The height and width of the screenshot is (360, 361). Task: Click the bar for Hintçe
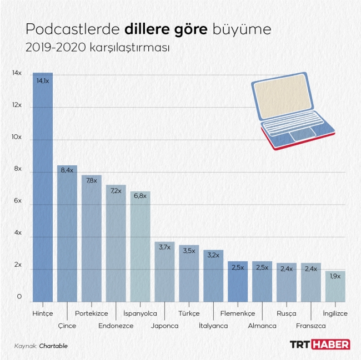(43, 189)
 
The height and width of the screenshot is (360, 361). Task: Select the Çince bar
(67, 233)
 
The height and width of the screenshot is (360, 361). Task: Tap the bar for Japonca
(165, 272)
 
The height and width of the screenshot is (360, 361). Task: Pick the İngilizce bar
(335, 286)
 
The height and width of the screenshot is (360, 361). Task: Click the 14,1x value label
(43, 81)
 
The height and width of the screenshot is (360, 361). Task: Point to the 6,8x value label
(141, 196)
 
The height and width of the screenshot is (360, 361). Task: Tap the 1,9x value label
(335, 276)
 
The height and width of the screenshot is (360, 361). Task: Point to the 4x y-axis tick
(17, 233)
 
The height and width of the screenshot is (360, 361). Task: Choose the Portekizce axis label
(91, 313)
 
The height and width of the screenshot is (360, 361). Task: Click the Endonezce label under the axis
(116, 326)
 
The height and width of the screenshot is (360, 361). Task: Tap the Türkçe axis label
(189, 313)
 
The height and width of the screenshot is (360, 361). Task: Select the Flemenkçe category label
(238, 313)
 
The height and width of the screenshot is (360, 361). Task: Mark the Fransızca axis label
(311, 326)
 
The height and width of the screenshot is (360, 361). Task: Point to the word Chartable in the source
(54, 346)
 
